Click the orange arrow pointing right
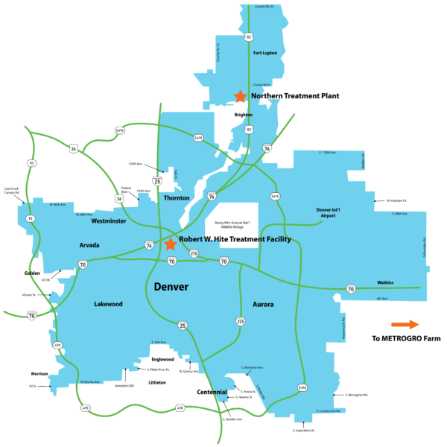click(x=405, y=324)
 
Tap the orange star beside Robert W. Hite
click(x=171, y=244)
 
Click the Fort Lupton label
click(x=265, y=53)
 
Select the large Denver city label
click(x=171, y=287)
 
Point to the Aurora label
click(x=263, y=304)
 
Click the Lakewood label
click(x=108, y=304)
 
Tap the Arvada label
click(x=89, y=244)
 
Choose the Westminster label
click(x=108, y=221)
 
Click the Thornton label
click(x=177, y=197)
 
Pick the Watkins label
click(x=384, y=282)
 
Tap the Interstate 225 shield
click(x=240, y=321)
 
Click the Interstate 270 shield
click(x=194, y=253)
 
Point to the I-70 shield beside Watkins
click(x=350, y=288)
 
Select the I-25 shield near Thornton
click(x=156, y=180)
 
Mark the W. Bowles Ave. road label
click(x=90, y=382)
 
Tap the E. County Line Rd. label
click(x=328, y=410)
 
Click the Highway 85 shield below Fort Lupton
click(x=249, y=130)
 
